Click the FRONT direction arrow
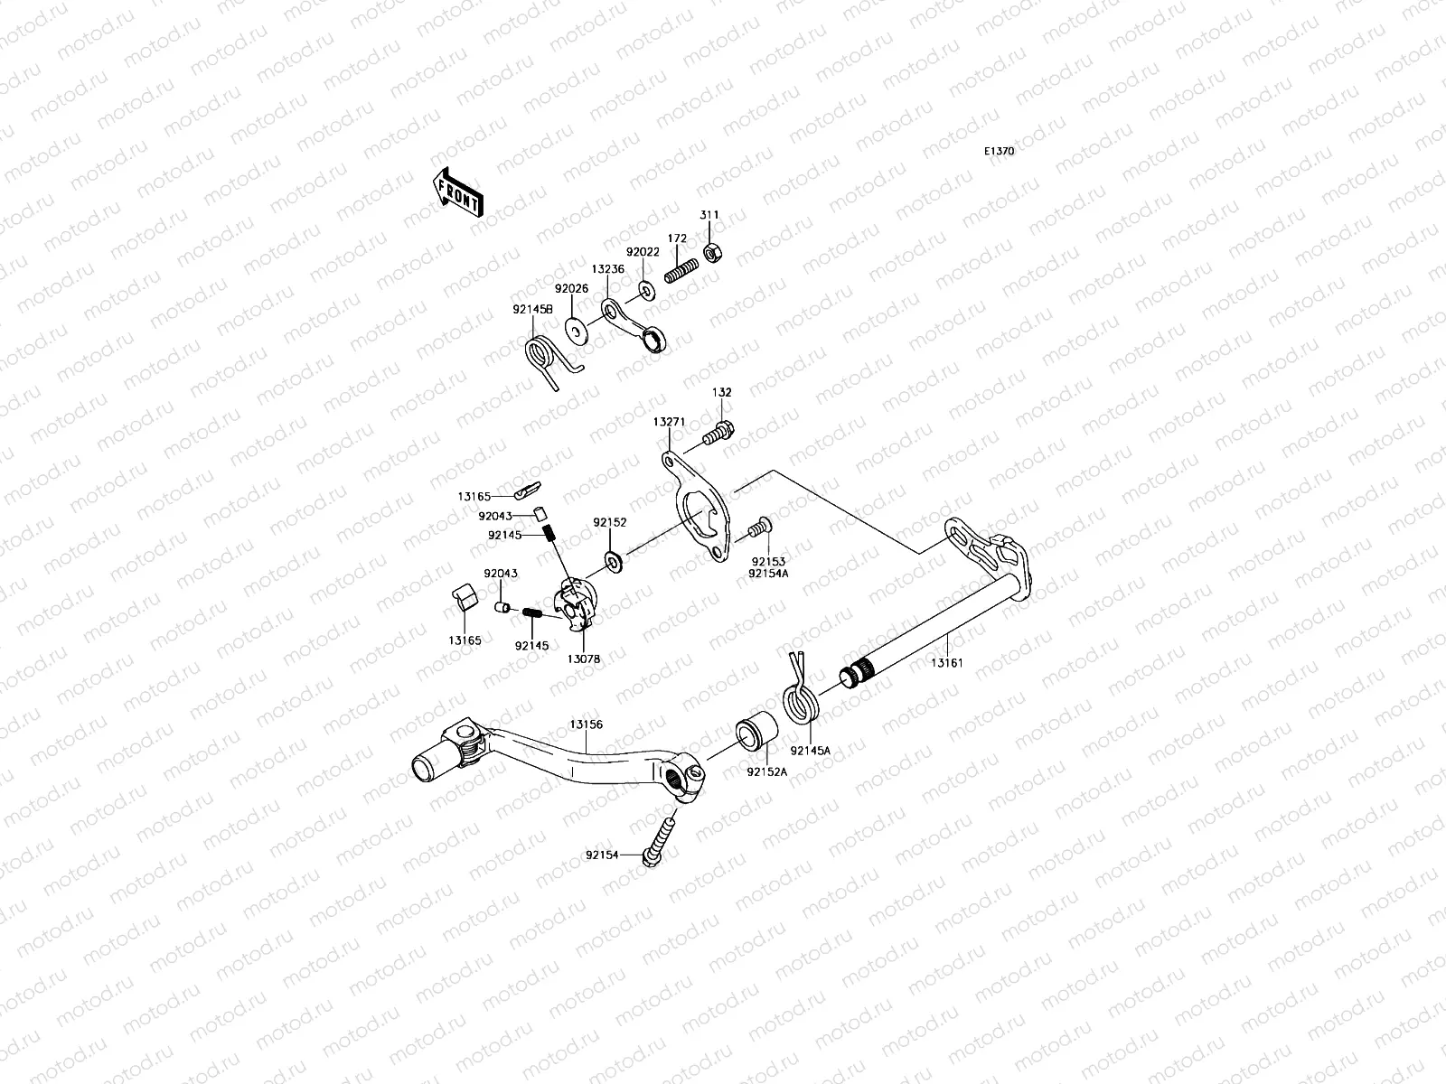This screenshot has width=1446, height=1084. (x=458, y=192)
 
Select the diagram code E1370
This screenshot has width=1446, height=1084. (x=999, y=152)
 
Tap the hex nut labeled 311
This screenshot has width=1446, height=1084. (x=711, y=252)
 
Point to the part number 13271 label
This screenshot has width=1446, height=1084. (x=670, y=421)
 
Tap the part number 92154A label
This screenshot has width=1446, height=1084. (x=768, y=572)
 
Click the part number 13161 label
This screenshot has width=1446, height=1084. (x=948, y=662)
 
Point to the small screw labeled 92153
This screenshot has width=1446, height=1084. (x=758, y=524)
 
